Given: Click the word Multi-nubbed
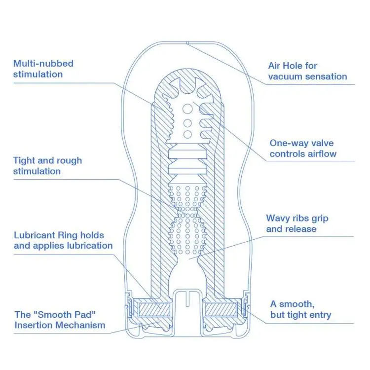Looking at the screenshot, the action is (43, 64).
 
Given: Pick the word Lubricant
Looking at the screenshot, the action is (35, 235).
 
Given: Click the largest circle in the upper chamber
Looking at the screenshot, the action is (187, 109).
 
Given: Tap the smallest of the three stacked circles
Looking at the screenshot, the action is (187, 135).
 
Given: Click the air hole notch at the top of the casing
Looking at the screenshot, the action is (187, 43).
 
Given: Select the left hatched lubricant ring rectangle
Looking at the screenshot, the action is (154, 310).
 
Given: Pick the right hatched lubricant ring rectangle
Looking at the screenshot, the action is (221, 310).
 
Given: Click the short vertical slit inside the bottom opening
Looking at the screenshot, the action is (187, 299).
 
